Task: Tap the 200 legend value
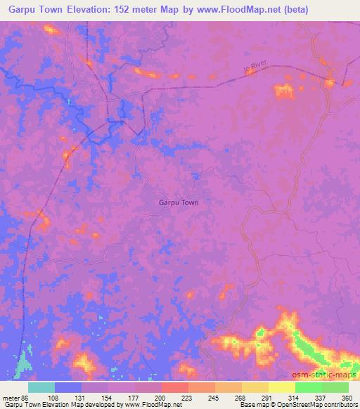pyautogui.click(x=161, y=398)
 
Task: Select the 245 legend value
pyautogui.click(x=214, y=398)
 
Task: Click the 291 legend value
pyautogui.click(x=268, y=398)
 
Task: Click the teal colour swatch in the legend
pyautogui.click(x=41, y=387)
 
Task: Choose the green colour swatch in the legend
pyautogui.click(x=335, y=387)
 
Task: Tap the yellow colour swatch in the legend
pyautogui.click(x=281, y=387)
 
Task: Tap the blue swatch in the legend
pyautogui.click(x=67, y=387)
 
